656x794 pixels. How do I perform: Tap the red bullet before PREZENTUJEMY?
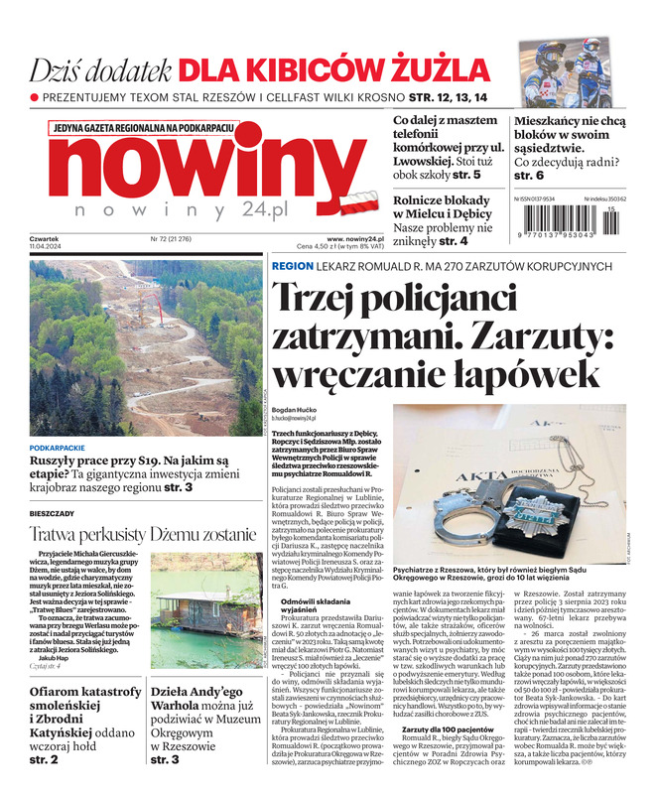click(x=35, y=98)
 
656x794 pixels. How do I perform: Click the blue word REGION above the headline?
click(x=292, y=267)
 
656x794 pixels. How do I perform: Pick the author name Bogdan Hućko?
click(x=294, y=410)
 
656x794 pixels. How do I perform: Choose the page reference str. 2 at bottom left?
click(x=44, y=759)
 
